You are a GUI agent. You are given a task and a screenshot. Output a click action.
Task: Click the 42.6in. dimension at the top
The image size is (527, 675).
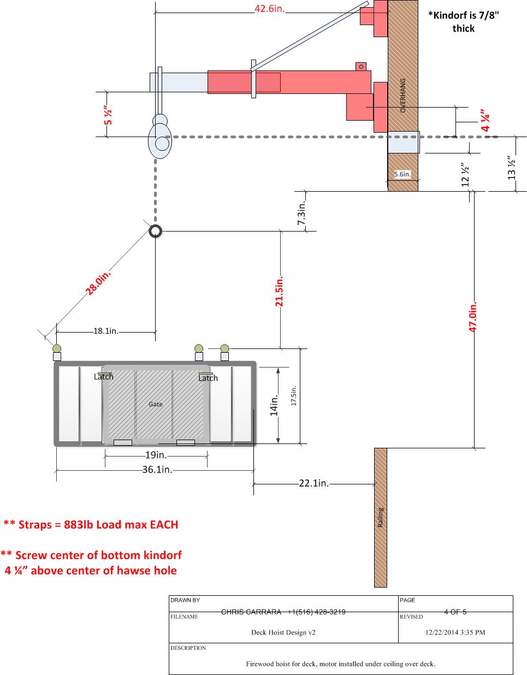(270, 9)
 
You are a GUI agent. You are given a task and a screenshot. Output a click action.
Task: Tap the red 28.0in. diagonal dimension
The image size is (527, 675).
(98, 283)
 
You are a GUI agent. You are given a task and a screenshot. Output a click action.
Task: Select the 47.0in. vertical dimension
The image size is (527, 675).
(472, 317)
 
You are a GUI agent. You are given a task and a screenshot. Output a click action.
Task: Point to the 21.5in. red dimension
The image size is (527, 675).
(279, 291)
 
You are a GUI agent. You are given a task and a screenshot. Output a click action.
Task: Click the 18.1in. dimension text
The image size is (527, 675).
(106, 331)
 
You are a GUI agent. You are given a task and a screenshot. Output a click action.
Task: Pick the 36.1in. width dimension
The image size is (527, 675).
(157, 469)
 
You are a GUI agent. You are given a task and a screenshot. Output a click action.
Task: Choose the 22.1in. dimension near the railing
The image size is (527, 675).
(313, 483)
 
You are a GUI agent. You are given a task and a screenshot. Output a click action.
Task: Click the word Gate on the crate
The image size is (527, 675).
(155, 404)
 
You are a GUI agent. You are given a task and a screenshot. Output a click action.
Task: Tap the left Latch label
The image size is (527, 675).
(104, 377)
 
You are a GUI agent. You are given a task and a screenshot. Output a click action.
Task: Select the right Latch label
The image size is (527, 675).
(208, 378)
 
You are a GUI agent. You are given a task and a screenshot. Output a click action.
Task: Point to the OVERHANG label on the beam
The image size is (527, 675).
(403, 96)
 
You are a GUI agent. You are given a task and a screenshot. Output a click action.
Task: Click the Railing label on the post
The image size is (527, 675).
(381, 518)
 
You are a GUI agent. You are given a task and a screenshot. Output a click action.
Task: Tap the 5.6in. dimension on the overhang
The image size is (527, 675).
(402, 174)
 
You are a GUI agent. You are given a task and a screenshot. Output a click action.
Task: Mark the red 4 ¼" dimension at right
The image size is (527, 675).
(485, 120)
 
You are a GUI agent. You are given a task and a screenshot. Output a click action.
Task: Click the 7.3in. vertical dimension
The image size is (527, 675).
(301, 213)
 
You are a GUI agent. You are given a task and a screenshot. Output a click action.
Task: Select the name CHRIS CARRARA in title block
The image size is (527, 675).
(251, 612)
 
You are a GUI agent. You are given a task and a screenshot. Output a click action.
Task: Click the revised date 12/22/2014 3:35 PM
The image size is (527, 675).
(455, 632)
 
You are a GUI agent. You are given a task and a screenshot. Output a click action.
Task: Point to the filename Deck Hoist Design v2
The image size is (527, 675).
(283, 632)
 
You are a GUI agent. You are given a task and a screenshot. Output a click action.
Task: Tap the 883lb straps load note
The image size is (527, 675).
(91, 524)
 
